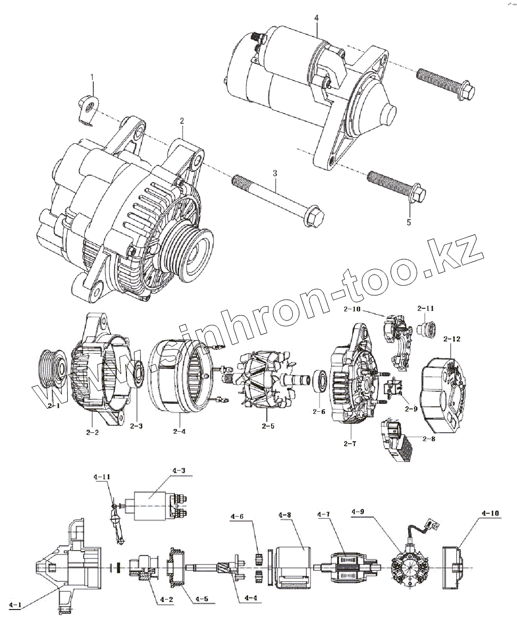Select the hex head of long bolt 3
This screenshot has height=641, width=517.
pos(315,215)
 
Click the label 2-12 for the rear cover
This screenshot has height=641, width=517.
pos(451,339)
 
